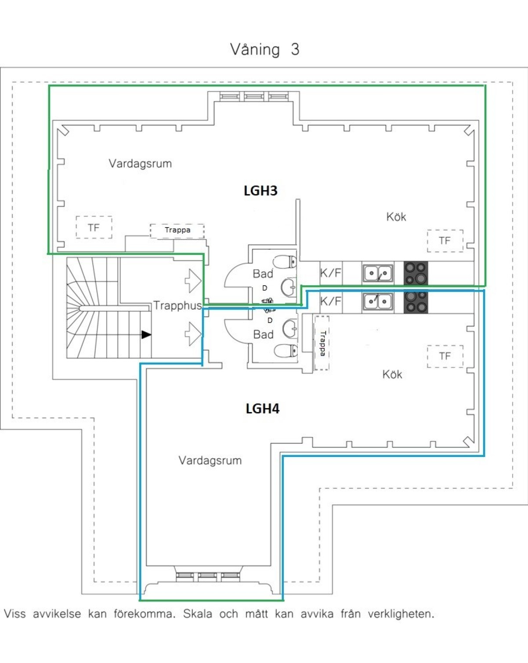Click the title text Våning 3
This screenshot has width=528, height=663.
(x=264, y=49)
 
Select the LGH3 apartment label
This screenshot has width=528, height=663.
(x=260, y=191)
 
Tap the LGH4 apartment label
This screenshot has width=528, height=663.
(x=262, y=409)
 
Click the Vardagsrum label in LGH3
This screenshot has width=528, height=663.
(x=140, y=164)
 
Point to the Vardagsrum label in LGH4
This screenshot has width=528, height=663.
(x=210, y=460)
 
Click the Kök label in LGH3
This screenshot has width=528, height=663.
(x=396, y=217)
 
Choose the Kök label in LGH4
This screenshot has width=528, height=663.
(x=392, y=374)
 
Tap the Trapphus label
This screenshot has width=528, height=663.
(x=177, y=305)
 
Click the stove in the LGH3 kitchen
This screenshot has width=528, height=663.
(x=416, y=273)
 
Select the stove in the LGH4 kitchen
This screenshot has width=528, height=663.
(x=416, y=302)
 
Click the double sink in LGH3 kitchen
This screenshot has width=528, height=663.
(x=378, y=274)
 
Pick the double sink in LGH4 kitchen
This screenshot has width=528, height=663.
(x=378, y=302)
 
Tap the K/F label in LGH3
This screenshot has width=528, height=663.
(x=330, y=273)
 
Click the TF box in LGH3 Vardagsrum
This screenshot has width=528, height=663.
(x=94, y=227)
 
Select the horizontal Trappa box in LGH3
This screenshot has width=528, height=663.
(x=177, y=231)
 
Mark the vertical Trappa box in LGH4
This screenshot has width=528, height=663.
(x=322, y=343)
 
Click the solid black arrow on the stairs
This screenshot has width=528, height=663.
(x=146, y=335)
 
